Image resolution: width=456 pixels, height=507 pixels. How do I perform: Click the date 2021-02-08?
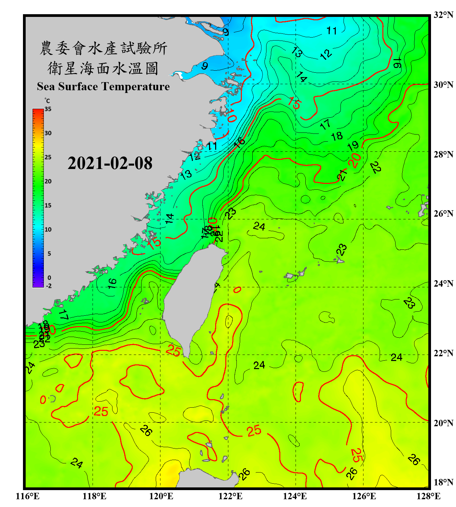coord(110,163)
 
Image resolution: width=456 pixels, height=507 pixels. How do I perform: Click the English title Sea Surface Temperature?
coord(103,87)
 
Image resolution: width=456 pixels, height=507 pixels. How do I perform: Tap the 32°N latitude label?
coord(443,15)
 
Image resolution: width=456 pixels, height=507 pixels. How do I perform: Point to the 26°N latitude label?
coord(443,214)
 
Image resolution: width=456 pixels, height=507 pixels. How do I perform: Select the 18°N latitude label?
coord(443,482)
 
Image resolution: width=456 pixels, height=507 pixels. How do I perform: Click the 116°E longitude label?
coord(28,496)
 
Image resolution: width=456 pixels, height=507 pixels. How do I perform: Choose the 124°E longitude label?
coord(295,496)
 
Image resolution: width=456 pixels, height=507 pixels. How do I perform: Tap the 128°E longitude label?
coord(428,496)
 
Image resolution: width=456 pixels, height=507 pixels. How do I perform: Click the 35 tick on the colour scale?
coord(48,109)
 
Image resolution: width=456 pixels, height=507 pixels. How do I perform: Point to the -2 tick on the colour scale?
coord(49,286)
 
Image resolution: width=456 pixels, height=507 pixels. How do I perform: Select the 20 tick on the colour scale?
coord(48,182)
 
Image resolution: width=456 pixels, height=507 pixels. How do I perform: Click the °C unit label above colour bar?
coord(47,101)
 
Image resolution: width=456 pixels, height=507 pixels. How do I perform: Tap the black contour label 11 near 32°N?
coord(331,31)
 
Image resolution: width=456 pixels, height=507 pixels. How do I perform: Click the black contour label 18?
coord(337,136)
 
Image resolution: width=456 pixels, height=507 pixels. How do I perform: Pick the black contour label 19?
coord(353,146)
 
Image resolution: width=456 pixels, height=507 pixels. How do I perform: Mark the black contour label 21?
coord(343,175)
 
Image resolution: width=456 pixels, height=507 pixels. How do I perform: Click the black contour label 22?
coord(376,167)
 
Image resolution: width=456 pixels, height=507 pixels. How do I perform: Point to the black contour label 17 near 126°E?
coord(325,124)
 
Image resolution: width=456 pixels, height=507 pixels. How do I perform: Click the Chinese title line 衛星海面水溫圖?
coord(103,68)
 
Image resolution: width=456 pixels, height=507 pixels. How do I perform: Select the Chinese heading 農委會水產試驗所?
coord(103,48)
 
